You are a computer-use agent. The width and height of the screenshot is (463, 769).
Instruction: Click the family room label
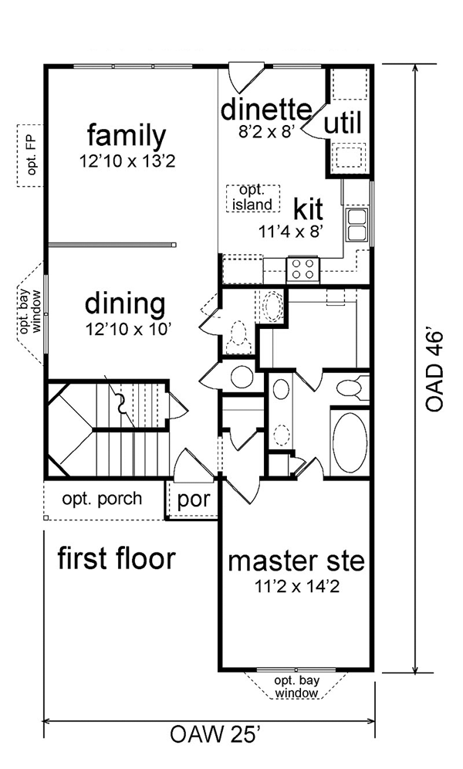pos(127,136)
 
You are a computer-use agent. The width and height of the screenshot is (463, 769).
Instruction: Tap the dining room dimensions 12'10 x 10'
pos(127,330)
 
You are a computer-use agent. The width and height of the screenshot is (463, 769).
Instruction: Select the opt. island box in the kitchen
pos(253,198)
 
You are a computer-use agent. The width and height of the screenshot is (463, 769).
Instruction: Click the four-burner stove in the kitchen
pos(302,269)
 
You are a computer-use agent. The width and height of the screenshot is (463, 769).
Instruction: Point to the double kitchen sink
pos(357,224)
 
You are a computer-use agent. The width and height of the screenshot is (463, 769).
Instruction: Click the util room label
pos(343,123)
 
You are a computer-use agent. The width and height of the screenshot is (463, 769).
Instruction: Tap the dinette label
pos(266,110)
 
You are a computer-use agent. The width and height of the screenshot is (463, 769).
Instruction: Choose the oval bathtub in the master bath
pos(350,442)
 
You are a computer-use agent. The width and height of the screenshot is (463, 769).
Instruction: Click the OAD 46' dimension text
pos(434,371)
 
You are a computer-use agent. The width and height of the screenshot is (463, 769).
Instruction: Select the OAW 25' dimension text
pos(215,735)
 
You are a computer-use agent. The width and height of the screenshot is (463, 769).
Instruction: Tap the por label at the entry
pos(194,500)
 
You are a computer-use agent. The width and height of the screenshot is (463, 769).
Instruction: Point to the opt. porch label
pos(102,500)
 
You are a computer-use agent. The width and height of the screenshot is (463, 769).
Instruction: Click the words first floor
pos(117,558)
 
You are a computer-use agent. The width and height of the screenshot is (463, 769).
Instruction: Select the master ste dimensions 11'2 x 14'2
pos(296,586)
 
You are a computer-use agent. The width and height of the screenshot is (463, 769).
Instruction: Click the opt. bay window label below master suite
pos(296,686)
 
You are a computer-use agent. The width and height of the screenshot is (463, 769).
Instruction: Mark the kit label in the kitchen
pos(308,209)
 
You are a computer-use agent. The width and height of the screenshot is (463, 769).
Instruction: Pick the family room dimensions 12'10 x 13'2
pos(127,161)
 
